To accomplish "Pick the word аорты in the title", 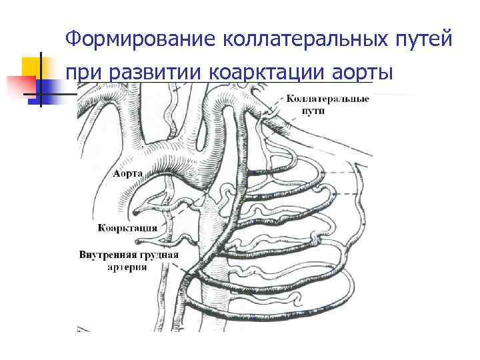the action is pyautogui.click(x=366, y=72).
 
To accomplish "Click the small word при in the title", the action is pyautogui.click(x=85, y=72).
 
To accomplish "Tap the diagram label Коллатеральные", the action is pyautogui.click(x=328, y=99).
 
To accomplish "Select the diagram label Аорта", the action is pyautogui.click(x=126, y=173).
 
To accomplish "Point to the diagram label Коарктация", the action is pyautogui.click(x=127, y=228).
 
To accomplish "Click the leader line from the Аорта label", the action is pyautogui.click(x=150, y=174).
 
